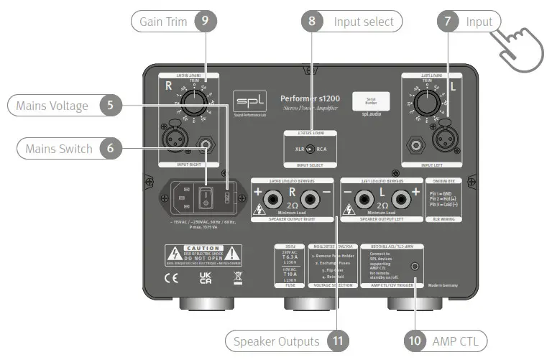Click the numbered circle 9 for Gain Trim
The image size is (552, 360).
[x=205, y=22]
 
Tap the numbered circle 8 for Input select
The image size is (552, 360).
[x=311, y=22]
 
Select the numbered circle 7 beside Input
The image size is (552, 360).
[x=448, y=22]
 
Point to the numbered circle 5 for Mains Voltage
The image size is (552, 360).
[x=110, y=106]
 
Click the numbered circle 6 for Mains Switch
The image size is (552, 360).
[x=110, y=149]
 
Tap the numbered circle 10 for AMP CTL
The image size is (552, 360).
[x=415, y=340]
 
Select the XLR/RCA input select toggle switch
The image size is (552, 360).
[x=309, y=149]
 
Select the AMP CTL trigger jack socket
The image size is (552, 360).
[x=415, y=265]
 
